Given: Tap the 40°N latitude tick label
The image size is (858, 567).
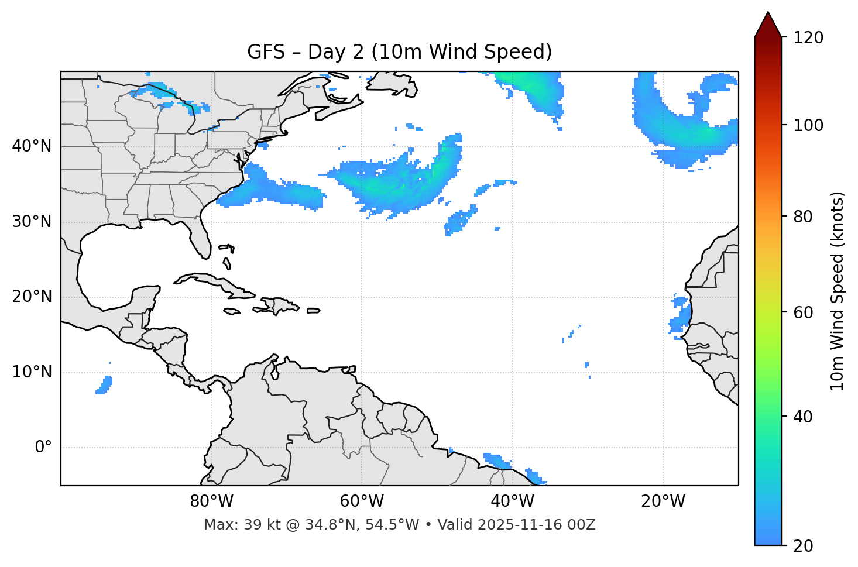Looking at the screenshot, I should click(32, 146).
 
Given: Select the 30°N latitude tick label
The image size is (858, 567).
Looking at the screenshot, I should click(32, 222).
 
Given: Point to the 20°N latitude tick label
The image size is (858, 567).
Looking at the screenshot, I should click(32, 297).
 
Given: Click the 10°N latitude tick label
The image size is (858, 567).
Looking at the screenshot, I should click(32, 372).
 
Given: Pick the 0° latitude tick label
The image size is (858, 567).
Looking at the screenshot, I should click(43, 448).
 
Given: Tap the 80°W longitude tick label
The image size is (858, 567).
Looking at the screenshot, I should click(211, 501).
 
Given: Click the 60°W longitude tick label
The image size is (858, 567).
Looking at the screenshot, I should click(362, 501).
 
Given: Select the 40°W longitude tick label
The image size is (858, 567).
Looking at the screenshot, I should click(512, 501).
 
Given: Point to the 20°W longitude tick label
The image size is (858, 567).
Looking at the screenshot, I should click(663, 501).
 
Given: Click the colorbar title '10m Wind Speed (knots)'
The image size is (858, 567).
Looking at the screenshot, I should click(838, 291).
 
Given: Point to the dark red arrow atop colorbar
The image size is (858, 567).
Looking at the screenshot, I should click(768, 25).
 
